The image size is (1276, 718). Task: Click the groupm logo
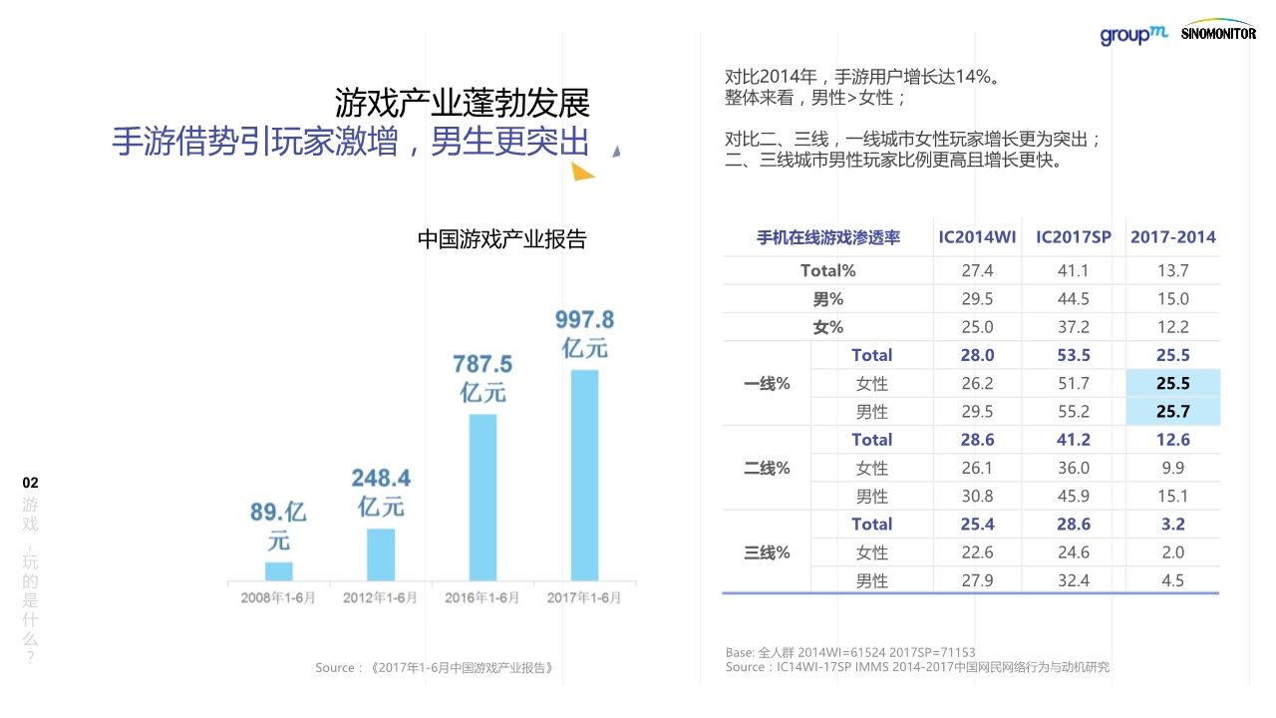(1133, 35)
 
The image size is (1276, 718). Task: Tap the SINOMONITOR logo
(1218, 32)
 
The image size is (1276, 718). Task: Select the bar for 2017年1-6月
(584, 475)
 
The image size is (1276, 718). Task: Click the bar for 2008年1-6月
(279, 570)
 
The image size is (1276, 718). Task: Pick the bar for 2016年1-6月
(482, 497)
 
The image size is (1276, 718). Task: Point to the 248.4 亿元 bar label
(381, 492)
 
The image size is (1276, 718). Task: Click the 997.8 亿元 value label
(584, 333)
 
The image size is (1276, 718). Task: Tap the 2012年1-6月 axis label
(380, 598)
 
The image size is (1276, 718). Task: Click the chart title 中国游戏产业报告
(501, 239)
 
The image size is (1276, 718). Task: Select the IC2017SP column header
(1073, 237)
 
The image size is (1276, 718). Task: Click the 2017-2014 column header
(1172, 237)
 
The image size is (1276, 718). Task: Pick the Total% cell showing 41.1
(1073, 270)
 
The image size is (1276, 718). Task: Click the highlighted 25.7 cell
(1172, 411)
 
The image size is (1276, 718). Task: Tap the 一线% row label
(767, 383)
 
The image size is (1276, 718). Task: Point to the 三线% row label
(767, 552)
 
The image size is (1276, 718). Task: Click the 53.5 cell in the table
(1073, 355)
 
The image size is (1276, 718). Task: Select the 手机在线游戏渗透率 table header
(827, 237)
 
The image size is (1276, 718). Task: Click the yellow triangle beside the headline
(583, 172)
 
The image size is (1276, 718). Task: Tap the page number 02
(31, 483)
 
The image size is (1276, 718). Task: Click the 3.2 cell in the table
(1172, 524)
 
